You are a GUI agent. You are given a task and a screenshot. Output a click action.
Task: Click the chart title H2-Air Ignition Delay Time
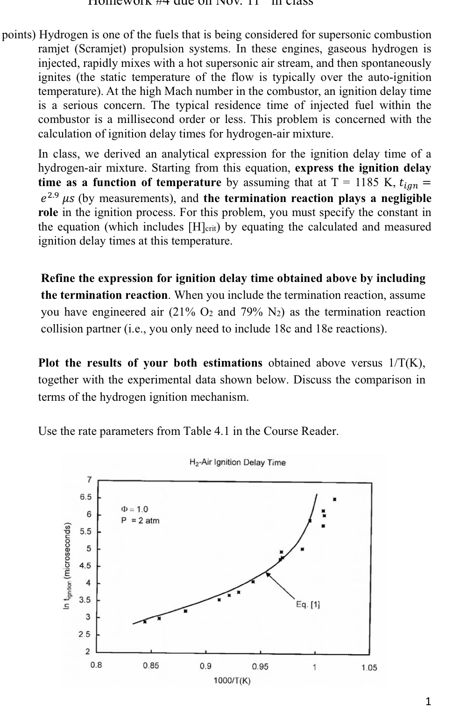point(237,462)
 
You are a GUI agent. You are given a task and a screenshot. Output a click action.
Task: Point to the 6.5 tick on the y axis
point(86,497)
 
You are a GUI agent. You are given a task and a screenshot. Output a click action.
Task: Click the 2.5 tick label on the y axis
point(85,635)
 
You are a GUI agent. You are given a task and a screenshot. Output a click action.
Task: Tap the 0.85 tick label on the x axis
point(151,665)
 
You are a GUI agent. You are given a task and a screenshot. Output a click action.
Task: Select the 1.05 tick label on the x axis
point(369,668)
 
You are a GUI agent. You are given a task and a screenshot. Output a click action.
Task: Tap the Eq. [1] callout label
point(308,605)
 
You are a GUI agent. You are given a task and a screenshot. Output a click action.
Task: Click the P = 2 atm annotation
point(140,520)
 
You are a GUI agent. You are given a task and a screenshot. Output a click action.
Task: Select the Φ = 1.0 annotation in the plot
point(134,509)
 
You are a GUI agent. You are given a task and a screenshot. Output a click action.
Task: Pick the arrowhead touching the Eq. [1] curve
point(268,574)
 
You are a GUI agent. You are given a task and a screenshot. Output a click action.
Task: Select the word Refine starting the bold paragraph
point(58,279)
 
